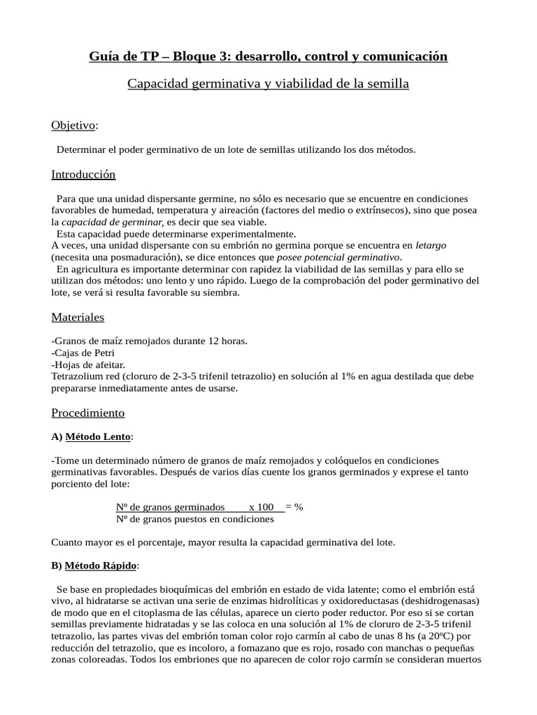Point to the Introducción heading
point(83,175)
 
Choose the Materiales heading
point(78,317)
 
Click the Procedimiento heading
point(88,413)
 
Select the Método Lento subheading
point(98,437)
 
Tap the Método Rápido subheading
point(101,565)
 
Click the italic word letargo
point(431,246)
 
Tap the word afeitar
point(108,364)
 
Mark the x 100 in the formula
point(262,507)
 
